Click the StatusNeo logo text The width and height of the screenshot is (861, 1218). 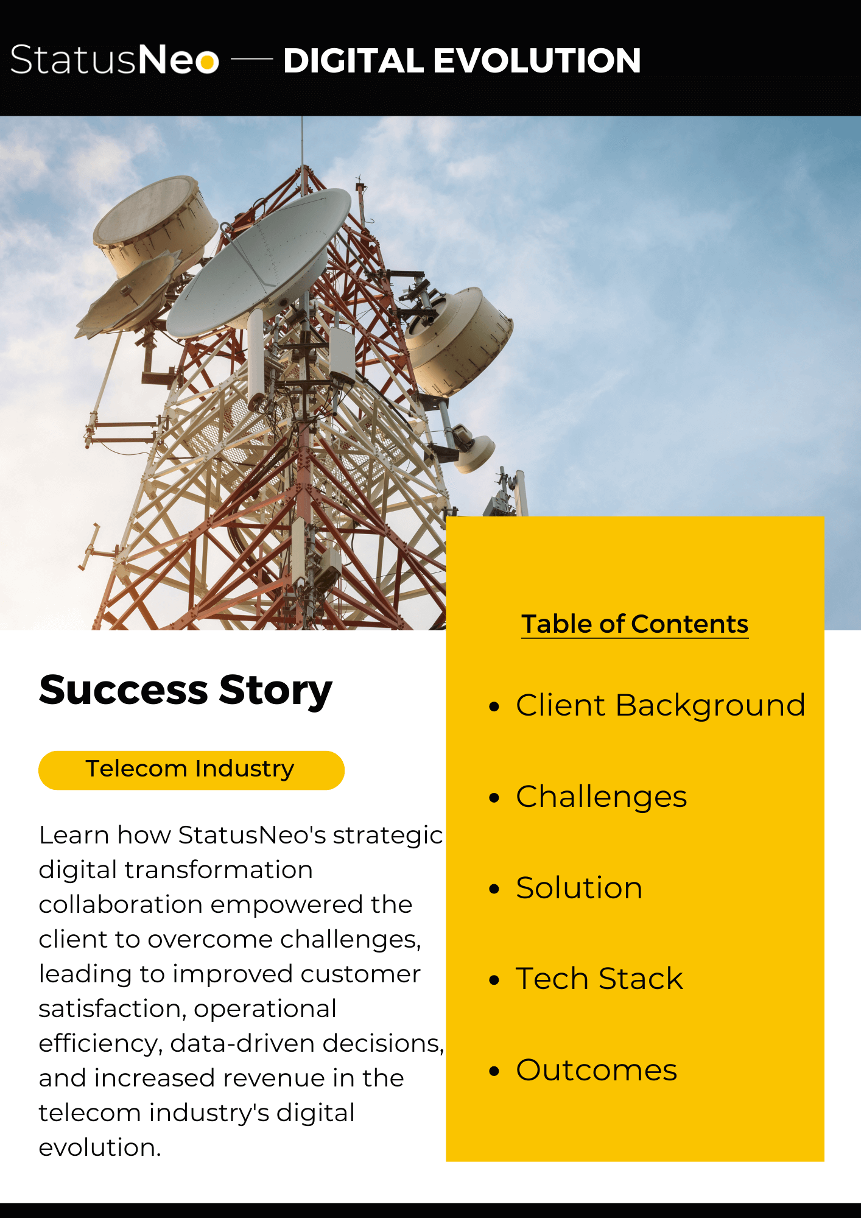point(114,60)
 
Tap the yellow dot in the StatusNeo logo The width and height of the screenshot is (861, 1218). point(208,62)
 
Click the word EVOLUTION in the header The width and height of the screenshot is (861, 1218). point(536,60)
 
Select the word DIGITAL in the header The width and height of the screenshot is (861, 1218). point(353,60)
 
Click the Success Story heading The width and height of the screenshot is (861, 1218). point(186,691)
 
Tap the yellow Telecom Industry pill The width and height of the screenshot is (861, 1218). point(191,770)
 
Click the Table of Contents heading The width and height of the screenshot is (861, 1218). point(634,624)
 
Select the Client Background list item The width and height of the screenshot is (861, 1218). point(661,705)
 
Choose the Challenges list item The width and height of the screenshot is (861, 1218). point(602,797)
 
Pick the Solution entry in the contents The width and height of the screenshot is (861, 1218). point(579,887)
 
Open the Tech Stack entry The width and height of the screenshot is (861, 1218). point(600,979)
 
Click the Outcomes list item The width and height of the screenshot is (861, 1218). point(597,1070)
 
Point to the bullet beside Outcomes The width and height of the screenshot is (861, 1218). point(494,1071)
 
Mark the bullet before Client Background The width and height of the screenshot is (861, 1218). point(494,706)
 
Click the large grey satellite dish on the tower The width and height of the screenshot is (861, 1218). point(259,262)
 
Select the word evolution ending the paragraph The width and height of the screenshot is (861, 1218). point(100,1147)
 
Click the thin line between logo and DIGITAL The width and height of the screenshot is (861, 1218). point(252,60)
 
